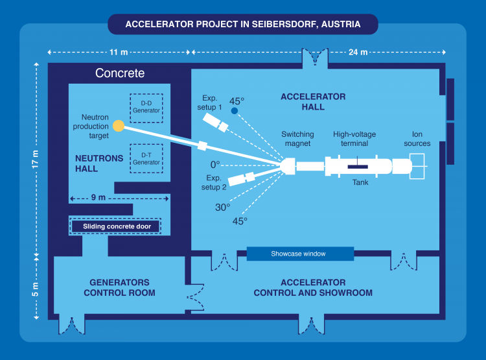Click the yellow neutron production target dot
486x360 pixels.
(119, 126)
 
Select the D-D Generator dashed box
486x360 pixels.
(146, 108)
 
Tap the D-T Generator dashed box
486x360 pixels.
(146, 158)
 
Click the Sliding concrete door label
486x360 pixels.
(117, 226)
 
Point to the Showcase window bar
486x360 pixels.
(300, 254)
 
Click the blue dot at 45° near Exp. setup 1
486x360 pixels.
(235, 111)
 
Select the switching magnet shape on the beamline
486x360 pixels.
(288, 166)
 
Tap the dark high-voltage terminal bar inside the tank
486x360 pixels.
(358, 167)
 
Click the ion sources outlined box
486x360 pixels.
(417, 166)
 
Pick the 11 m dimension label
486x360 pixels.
(119, 52)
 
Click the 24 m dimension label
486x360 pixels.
(358, 52)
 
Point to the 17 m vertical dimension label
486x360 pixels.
(36, 159)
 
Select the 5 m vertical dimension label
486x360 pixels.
(36, 289)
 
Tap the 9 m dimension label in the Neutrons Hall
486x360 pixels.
(98, 197)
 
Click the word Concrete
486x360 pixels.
(120, 73)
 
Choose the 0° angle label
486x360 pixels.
(215, 165)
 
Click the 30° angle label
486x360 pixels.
(222, 207)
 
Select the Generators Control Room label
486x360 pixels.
(119, 287)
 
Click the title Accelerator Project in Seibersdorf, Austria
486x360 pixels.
(243, 24)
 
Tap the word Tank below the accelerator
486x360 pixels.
(360, 182)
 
